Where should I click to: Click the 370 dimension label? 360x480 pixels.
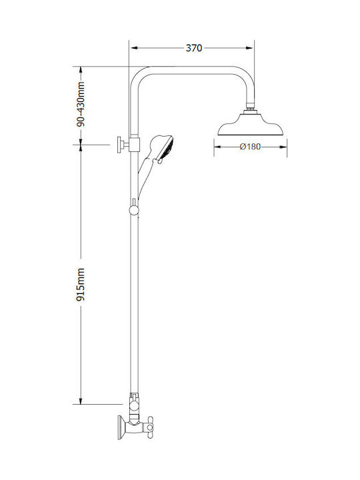tap(194, 48)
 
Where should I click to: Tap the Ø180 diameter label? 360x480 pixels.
tap(251, 147)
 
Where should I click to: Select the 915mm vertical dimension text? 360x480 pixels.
tap(81, 285)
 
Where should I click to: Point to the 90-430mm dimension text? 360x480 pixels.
tap(81, 104)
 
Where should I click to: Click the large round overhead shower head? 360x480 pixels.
tap(251, 125)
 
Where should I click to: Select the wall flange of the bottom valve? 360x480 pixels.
tap(121, 427)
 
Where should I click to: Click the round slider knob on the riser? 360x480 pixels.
tap(134, 210)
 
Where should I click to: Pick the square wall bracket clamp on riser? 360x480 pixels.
tap(134, 145)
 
